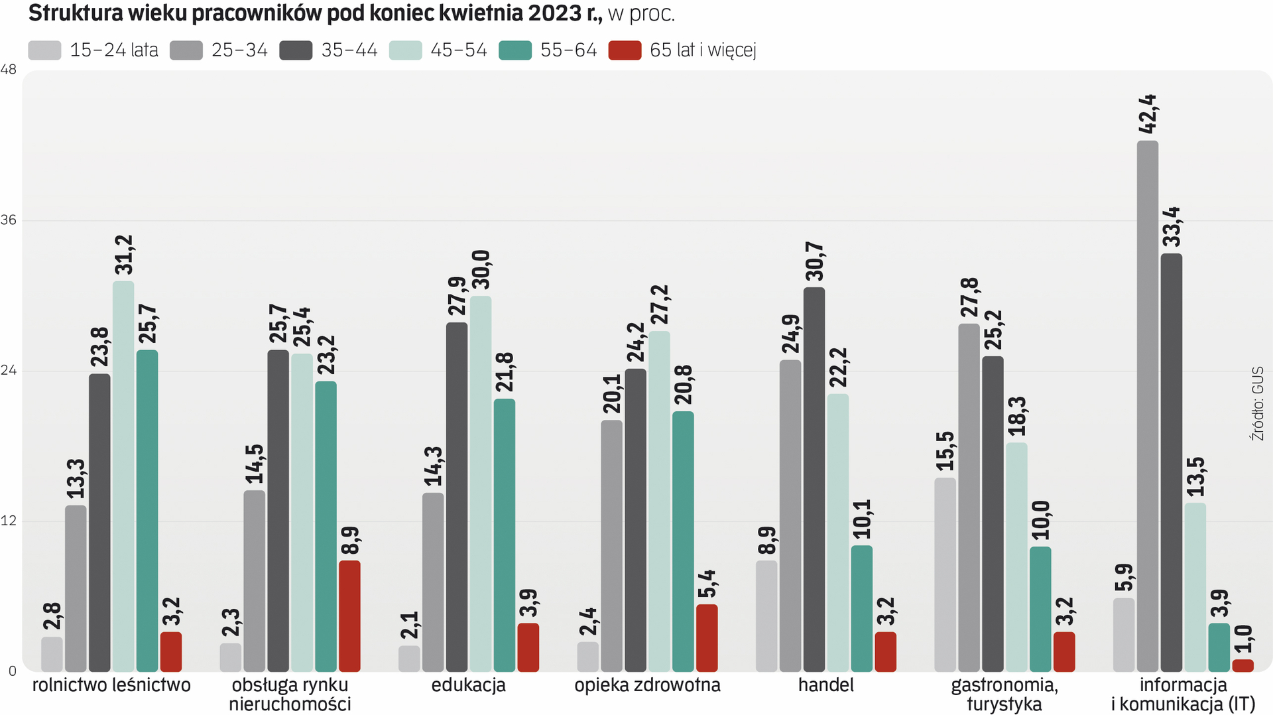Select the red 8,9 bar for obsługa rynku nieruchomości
[x=349, y=616]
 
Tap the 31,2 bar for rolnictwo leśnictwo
[x=123, y=476]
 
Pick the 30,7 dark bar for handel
[x=814, y=479]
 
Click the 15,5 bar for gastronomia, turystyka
[x=945, y=574]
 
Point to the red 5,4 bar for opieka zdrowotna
[x=707, y=637]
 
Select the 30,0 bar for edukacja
[x=481, y=484]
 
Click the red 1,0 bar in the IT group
[x=1243, y=665]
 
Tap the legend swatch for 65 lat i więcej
[x=625, y=50]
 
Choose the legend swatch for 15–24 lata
[x=44, y=50]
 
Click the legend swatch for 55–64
[x=515, y=50]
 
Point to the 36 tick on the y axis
[x=9, y=220]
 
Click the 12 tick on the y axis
[x=9, y=521]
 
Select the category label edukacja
[x=468, y=685]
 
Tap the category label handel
[x=825, y=685]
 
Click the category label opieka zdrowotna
[x=647, y=685]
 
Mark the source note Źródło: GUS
[x=1257, y=403]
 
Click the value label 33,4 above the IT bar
[x=1172, y=226]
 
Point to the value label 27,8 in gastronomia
[x=969, y=297]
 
